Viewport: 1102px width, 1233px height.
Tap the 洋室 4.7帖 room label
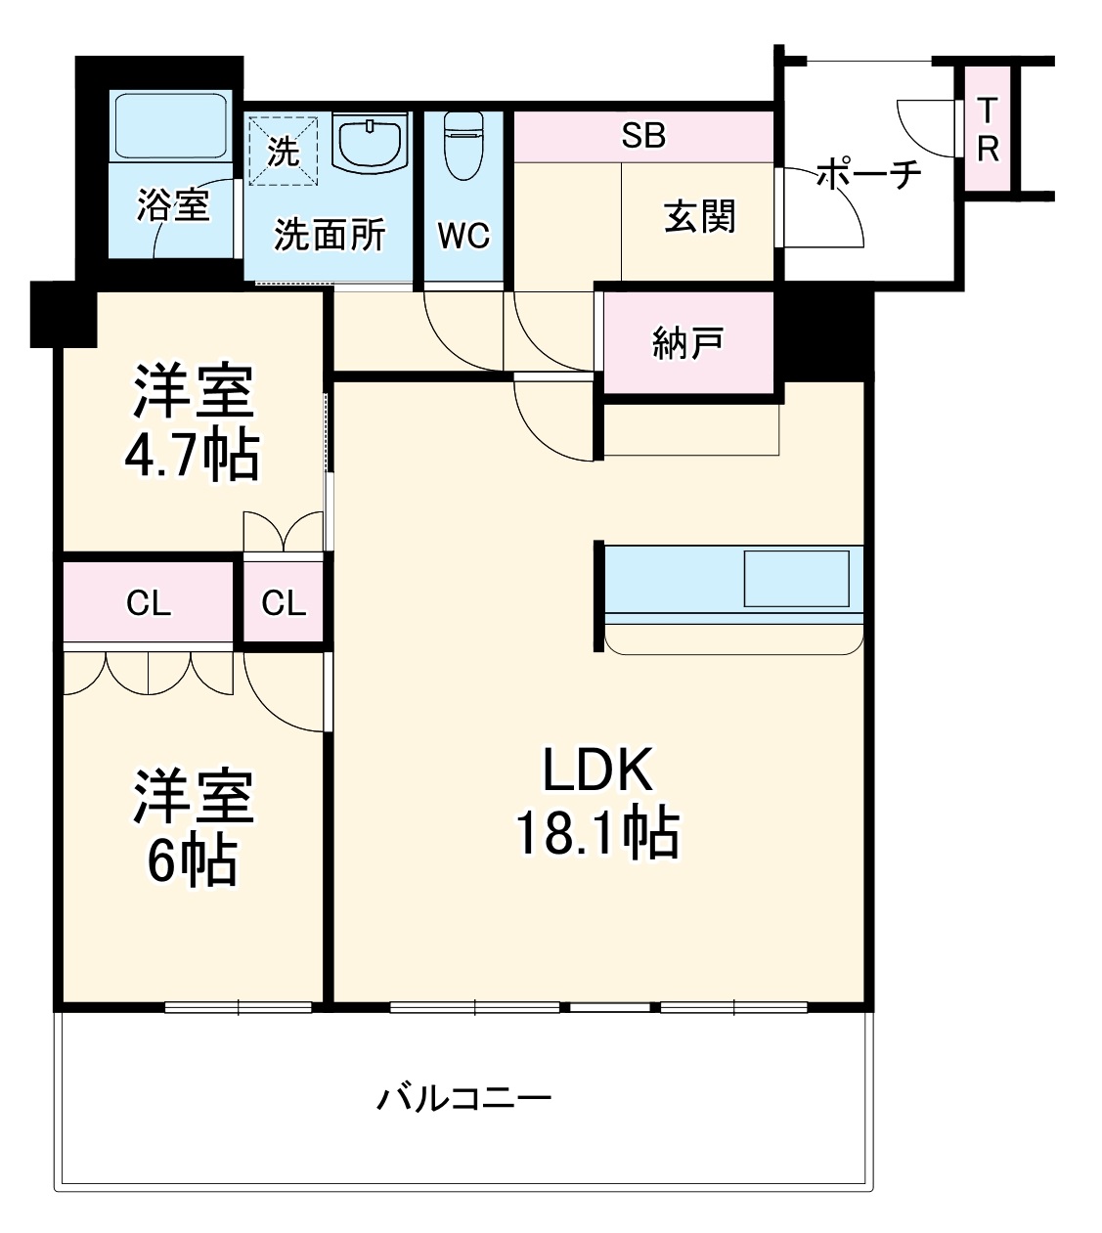coord(193,421)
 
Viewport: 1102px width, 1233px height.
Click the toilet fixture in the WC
coord(463,146)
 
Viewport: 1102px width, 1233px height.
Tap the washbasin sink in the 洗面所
coord(370,143)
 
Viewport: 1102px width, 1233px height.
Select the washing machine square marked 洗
coord(283,150)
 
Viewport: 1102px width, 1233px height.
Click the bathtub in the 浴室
coord(170,126)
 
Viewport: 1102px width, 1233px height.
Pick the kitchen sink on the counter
coord(796,579)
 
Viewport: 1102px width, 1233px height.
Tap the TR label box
coord(988,129)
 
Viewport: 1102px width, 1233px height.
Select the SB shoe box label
coord(643,136)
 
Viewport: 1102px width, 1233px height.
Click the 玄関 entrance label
coord(700,216)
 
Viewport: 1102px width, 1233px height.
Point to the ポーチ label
coord(868,175)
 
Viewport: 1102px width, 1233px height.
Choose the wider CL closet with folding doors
coord(149,603)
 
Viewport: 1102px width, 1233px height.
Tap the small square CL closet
coord(284,603)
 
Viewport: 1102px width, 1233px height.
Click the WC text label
coord(463,236)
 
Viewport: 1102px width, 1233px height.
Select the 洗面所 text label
coord(329,236)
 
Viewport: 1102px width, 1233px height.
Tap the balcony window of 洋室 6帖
coord(239,1007)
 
